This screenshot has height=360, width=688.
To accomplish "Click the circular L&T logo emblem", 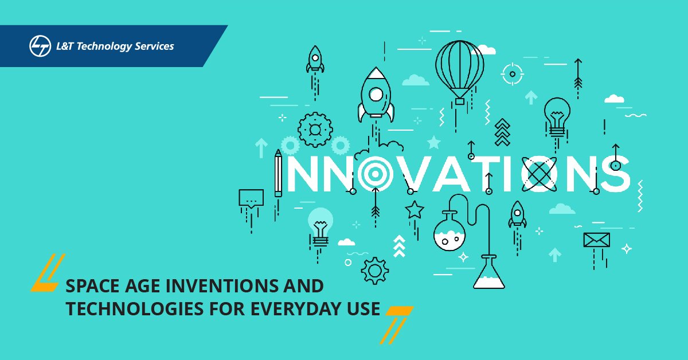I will tap(38, 46).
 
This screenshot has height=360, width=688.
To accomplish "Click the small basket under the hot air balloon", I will tap(459, 101).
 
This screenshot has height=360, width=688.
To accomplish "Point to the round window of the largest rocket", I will tap(376, 93).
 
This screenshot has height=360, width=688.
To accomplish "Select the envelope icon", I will tap(596, 240).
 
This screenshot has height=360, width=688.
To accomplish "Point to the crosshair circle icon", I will tap(512, 73).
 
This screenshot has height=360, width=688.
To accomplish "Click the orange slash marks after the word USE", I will tap(396, 323).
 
